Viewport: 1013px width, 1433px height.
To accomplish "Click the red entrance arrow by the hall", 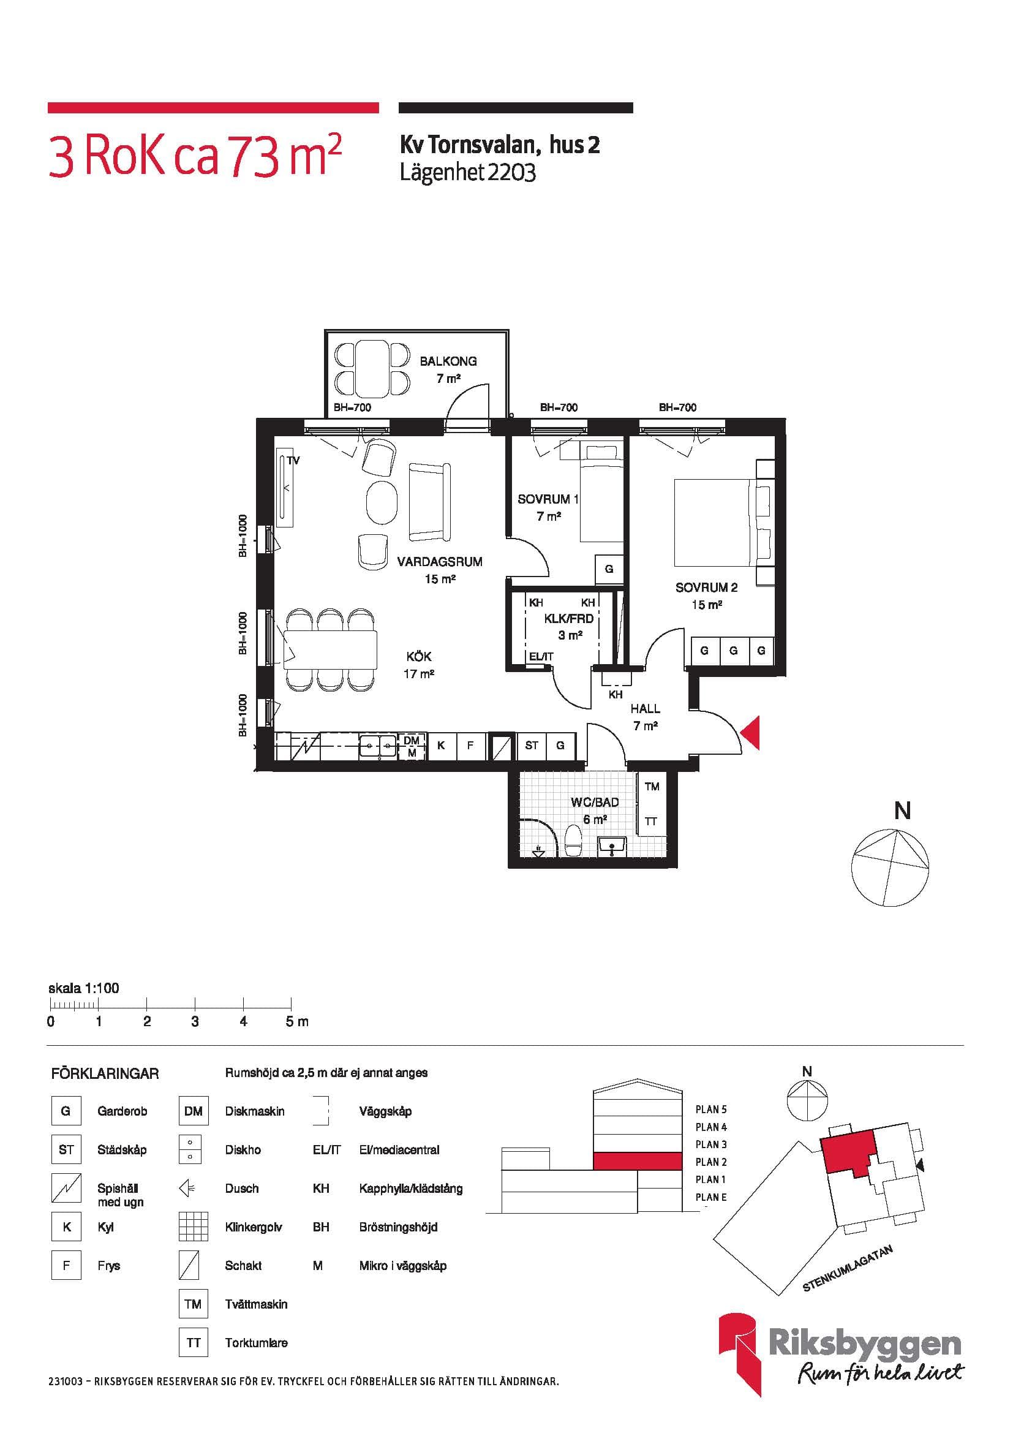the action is (x=751, y=733).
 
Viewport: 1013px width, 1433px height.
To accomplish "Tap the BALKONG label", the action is (x=448, y=361).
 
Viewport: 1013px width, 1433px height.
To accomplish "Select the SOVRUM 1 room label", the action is (x=548, y=499).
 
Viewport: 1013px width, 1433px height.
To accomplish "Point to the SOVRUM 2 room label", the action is (x=706, y=588).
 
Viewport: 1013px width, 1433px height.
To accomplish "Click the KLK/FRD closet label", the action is (x=568, y=619).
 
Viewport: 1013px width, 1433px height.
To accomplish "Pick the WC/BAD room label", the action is (x=595, y=802).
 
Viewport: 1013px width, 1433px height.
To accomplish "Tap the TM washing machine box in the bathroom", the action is (x=651, y=787).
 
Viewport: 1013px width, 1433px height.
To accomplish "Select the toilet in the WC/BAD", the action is (x=573, y=841).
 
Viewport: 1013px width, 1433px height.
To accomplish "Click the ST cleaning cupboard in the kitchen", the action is (x=532, y=745).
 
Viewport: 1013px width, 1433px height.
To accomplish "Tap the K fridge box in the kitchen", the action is (x=441, y=745).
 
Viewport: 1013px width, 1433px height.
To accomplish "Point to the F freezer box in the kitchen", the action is (x=470, y=745).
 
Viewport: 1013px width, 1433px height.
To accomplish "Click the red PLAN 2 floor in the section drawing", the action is (x=636, y=1162).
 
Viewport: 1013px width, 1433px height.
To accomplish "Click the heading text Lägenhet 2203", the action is (x=468, y=172).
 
